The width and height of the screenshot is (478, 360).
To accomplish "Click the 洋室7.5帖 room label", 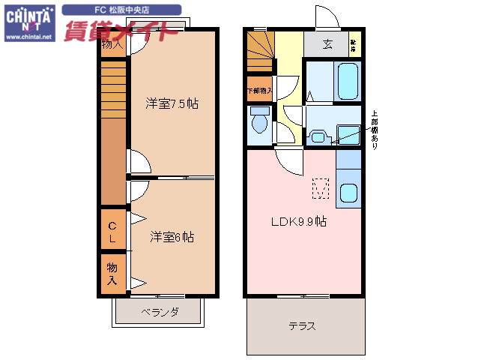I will pyautogui.click(x=172, y=104).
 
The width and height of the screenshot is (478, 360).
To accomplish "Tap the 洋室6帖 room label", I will pyautogui.click(x=172, y=237).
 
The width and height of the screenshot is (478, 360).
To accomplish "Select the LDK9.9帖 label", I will pyautogui.click(x=298, y=221).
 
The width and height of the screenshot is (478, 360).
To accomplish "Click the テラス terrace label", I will pyautogui.click(x=301, y=326).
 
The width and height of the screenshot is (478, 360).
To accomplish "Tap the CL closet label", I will pyautogui.click(x=112, y=232).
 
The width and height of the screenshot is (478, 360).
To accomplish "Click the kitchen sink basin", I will pyautogui.click(x=348, y=193).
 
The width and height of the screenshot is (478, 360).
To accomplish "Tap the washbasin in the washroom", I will pyautogui.click(x=318, y=136).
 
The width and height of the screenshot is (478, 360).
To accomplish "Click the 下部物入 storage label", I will pyautogui.click(x=259, y=91).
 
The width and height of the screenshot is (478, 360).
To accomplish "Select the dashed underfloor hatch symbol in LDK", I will pyautogui.click(x=320, y=189).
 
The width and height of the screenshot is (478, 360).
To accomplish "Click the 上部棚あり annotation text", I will pyautogui.click(x=375, y=130).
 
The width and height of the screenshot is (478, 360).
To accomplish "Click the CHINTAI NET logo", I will pyautogui.click(x=29, y=17).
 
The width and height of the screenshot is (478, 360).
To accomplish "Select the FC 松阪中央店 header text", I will pyautogui.click(x=121, y=10).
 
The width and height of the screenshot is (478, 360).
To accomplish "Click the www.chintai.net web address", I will pyautogui.click(x=29, y=36).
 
